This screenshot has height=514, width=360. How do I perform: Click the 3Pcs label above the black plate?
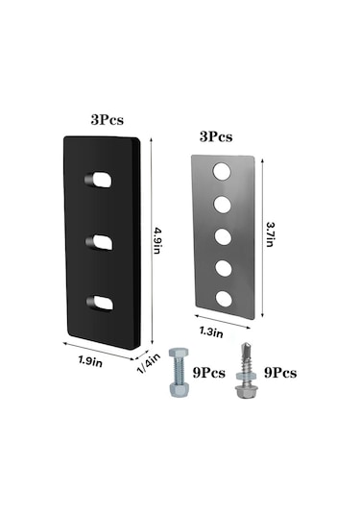[x=108, y=120]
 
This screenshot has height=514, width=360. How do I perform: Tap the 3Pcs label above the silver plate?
[x=216, y=136]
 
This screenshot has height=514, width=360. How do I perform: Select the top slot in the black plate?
[x=99, y=180]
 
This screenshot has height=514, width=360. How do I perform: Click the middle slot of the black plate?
[x=100, y=242]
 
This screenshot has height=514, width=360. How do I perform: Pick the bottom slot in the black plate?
[x=100, y=304]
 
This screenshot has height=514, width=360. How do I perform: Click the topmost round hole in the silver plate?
[x=222, y=171]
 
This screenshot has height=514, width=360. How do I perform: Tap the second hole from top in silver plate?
[x=223, y=205]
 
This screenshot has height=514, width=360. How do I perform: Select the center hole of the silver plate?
[x=223, y=236]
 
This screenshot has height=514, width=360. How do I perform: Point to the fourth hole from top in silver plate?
[x=224, y=267]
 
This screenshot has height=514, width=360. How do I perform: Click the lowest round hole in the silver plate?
[x=224, y=299]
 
